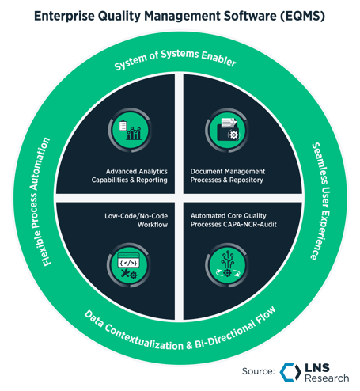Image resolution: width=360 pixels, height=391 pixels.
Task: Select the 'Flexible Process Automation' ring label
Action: pos(49,211)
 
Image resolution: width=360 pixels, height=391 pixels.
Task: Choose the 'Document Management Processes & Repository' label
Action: pos(229,175)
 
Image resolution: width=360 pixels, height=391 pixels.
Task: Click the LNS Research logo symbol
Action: pos(289,371)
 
